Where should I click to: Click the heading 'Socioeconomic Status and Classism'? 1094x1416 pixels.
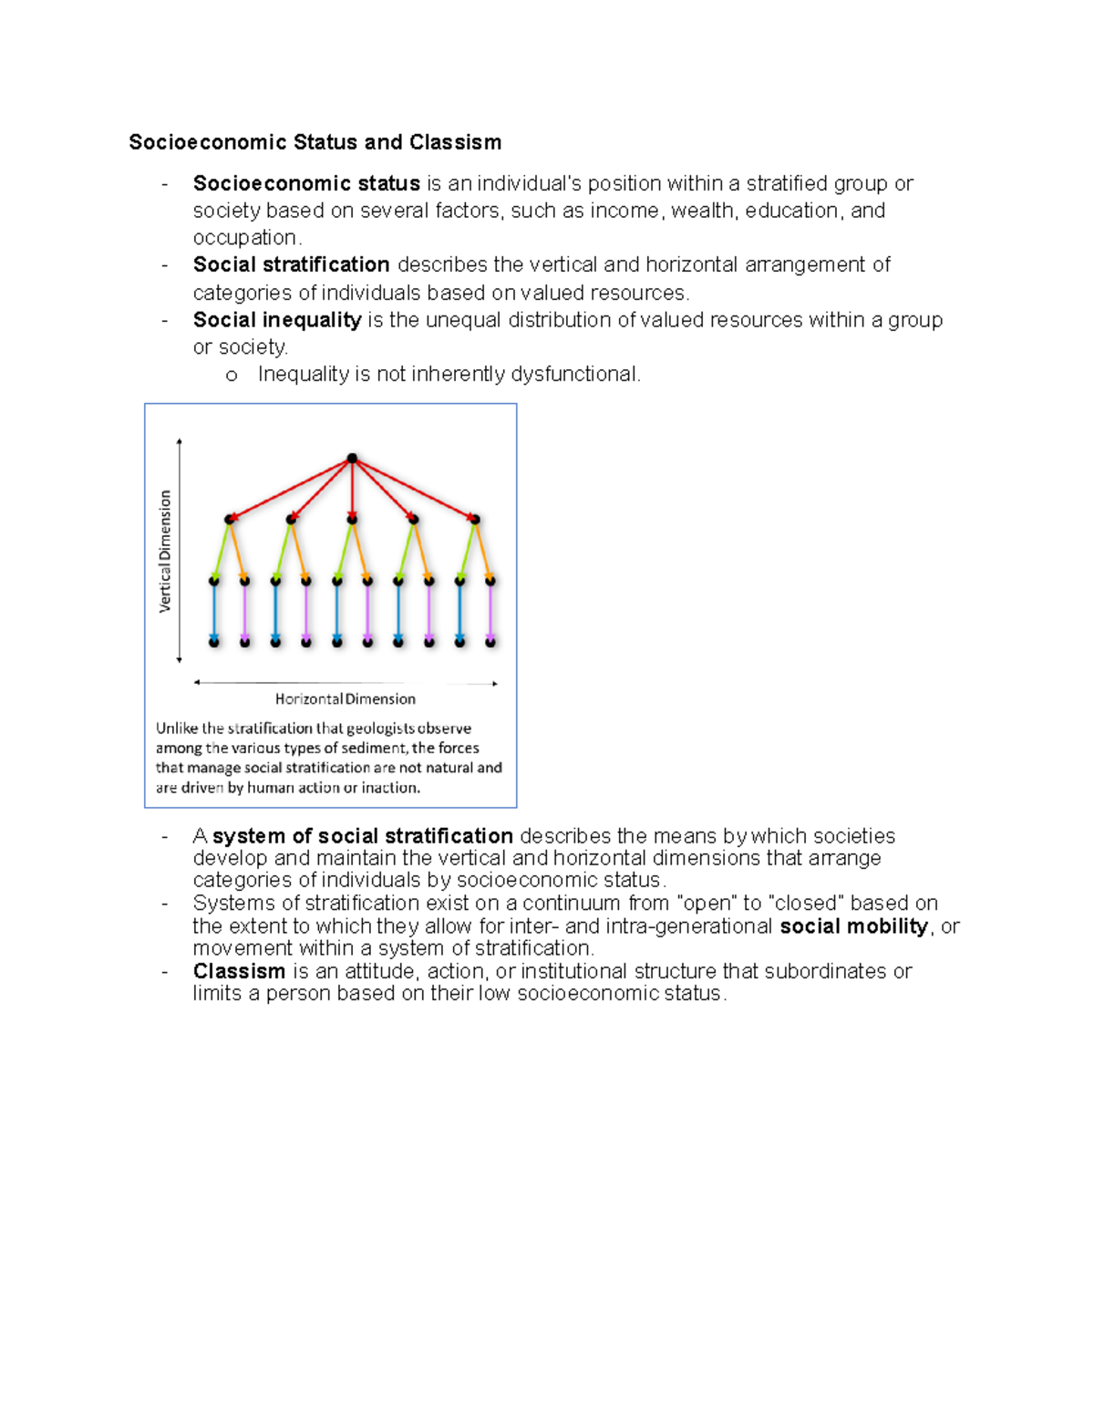(x=315, y=142)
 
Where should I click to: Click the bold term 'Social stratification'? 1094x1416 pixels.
(x=291, y=264)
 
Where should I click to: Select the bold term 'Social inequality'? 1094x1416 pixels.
(x=277, y=320)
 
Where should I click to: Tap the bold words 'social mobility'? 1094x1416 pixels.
(x=853, y=926)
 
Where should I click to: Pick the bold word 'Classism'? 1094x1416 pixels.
(x=239, y=971)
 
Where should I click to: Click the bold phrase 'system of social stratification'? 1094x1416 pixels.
(x=363, y=836)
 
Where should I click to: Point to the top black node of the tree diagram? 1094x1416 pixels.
(x=352, y=459)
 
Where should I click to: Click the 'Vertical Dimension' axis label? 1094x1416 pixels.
(x=165, y=551)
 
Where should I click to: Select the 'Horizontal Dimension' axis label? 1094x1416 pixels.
(x=346, y=699)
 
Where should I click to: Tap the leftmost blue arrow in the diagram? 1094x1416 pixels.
(x=214, y=611)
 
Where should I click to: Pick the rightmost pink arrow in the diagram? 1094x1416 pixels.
(x=490, y=611)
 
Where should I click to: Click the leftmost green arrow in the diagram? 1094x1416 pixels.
(x=222, y=550)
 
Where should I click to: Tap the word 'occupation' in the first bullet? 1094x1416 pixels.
(x=244, y=238)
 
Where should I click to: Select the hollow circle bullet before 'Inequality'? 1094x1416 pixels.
(x=232, y=376)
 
